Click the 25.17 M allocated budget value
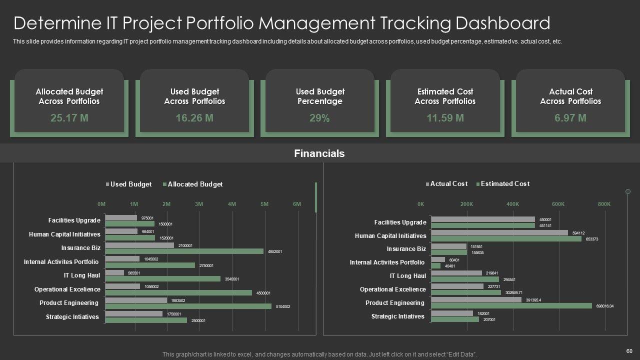(69, 118)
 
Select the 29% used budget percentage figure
(319, 118)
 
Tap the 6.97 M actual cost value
(570, 118)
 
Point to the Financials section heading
(319, 153)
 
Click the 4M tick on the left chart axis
(232, 204)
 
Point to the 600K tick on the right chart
(558, 204)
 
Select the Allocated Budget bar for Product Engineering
(188, 306)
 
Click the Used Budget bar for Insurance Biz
(140, 245)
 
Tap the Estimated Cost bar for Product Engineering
(511, 305)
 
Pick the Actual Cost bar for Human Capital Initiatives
(499, 232)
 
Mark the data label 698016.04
(604, 306)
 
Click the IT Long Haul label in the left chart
(81, 275)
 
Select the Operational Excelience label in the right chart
(392, 289)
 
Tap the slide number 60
(628, 351)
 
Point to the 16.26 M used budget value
(194, 118)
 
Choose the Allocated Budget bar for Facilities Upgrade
(130, 224)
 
